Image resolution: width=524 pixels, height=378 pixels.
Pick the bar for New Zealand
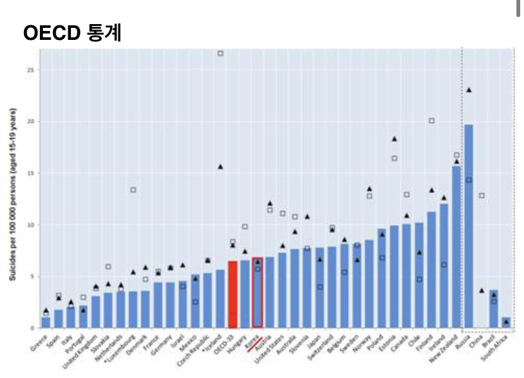click(456, 247)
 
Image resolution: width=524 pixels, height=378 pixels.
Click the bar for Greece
click(46, 322)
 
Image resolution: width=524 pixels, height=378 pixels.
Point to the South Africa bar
click(506, 323)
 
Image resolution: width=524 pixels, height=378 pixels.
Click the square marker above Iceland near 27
click(220, 53)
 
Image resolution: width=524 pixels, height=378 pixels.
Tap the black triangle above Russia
click(469, 90)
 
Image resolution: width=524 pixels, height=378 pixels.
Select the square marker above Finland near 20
click(432, 120)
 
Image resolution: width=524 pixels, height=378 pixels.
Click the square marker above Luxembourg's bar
click(134, 190)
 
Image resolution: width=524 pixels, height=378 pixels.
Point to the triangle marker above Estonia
click(394, 139)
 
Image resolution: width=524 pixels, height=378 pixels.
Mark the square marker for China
click(482, 196)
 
